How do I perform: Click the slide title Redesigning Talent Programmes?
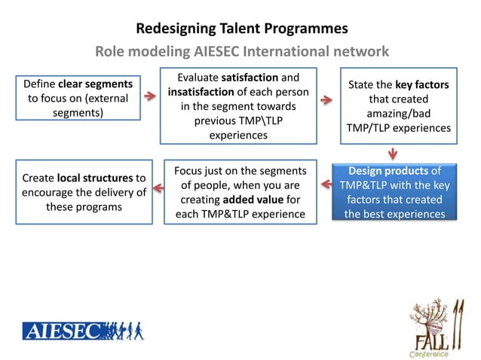(241, 29)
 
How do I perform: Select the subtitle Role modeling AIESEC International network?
(241, 52)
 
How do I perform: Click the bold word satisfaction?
(241, 78)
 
